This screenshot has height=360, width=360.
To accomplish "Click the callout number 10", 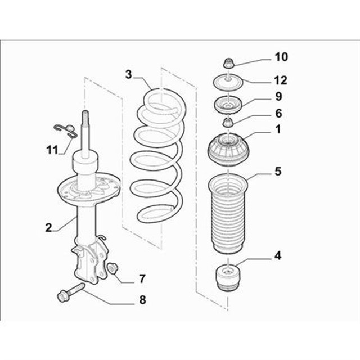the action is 281,57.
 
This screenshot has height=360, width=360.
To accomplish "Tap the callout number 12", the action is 281,80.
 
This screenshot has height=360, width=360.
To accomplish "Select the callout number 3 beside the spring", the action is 129,75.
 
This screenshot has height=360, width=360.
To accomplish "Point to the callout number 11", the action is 52,150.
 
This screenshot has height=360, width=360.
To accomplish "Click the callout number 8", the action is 142,300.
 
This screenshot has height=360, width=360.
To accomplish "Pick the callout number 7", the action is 142,279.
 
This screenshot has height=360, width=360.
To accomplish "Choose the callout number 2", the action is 49,227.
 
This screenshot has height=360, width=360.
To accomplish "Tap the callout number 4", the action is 278,255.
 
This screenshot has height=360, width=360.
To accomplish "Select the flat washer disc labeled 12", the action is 228,82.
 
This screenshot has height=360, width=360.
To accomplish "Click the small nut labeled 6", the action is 228,122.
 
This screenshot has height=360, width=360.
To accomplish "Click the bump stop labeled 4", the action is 228,278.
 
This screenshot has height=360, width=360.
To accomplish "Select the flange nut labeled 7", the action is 112,268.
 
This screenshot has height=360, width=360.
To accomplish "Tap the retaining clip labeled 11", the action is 65,131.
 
